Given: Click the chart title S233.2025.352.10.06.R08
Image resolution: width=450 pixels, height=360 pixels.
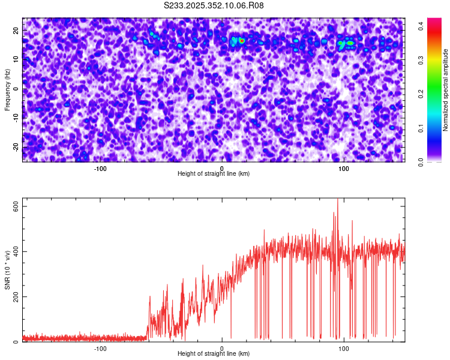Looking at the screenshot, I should coord(214,5).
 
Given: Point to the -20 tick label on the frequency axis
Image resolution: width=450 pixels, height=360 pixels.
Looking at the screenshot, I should coord(15,147).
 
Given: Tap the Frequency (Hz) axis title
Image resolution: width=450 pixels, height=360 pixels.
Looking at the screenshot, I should coord(7,89).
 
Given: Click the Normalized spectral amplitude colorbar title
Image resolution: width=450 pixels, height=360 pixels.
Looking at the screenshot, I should coord(446,90).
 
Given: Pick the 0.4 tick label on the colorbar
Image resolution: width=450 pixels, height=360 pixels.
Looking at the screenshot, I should coord(422,26).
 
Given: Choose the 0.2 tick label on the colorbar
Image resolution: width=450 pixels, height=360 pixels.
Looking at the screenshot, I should coord(422,94).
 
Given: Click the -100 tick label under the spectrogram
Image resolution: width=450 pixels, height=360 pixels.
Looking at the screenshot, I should coord(100,169).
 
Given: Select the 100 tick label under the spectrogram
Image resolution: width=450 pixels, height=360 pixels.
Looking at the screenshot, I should coord(344,169).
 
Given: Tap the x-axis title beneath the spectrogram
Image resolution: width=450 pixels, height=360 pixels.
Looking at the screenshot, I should coord(214,174).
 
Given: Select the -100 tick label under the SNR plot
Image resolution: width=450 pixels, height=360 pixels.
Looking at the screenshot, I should coord(100,349).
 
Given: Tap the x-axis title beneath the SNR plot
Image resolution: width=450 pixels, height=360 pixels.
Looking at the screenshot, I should coord(214,354).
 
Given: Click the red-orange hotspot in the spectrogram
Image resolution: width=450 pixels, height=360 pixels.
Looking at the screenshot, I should coord(241,41).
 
